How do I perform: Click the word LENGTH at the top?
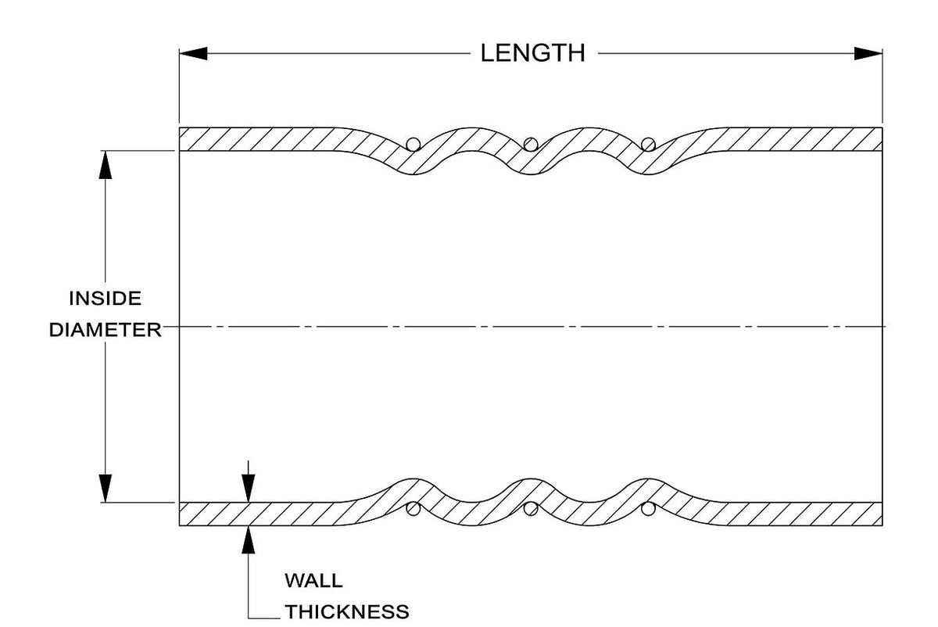(532, 53)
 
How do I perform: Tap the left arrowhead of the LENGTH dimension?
(193, 53)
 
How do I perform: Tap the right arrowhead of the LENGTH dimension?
(868, 53)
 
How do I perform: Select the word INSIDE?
(105, 298)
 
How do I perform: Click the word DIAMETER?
(105, 330)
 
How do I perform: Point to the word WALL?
(313, 581)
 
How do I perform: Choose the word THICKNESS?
(347, 612)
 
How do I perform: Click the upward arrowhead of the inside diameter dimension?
(105, 165)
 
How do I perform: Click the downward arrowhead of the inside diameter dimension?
(105, 488)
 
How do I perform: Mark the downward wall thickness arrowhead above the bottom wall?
(249, 488)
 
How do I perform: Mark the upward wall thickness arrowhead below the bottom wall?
(249, 539)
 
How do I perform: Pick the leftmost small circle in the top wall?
(414, 144)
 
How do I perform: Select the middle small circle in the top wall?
(531, 144)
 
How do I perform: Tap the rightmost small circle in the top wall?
(648, 144)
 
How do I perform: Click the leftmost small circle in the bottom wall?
(414, 509)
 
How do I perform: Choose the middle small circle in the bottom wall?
(531, 509)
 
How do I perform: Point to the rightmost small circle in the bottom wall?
(648, 509)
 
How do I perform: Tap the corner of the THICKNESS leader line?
(249, 618)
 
